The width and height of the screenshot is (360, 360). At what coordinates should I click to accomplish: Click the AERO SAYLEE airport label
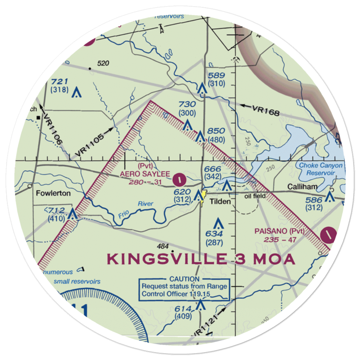click(x=145, y=174)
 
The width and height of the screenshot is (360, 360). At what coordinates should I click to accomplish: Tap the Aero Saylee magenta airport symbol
click(x=179, y=178)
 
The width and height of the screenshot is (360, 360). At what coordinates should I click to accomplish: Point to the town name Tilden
click(x=220, y=202)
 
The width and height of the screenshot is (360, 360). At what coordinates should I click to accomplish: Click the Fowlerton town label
click(x=53, y=193)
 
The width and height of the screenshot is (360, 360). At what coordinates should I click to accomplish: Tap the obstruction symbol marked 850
click(x=201, y=137)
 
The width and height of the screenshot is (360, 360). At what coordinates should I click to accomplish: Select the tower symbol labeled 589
click(x=202, y=88)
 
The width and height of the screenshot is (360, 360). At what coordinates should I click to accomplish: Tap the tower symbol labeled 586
click(x=329, y=197)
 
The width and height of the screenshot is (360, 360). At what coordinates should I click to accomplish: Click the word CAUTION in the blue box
click(x=184, y=279)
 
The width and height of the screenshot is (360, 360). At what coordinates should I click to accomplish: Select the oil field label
click(x=255, y=196)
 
